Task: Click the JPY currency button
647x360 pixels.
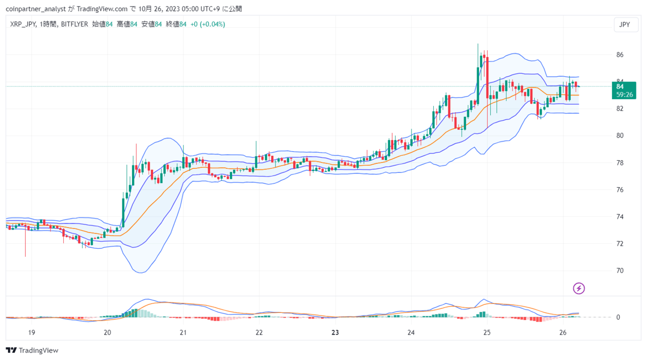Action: (625, 25)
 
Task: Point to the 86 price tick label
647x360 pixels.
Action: (620, 55)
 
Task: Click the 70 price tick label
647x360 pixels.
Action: (620, 271)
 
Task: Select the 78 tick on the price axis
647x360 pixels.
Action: (620, 163)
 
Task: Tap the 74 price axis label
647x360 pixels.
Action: (620, 217)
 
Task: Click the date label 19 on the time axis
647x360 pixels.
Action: (31, 333)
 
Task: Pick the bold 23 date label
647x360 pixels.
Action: (335, 333)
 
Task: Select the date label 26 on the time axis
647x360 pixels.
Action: (563, 333)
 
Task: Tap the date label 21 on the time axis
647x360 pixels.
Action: (183, 333)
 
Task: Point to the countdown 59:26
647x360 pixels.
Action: (623, 95)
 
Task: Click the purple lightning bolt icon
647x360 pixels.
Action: (579, 288)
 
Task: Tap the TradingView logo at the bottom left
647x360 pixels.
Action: (32, 350)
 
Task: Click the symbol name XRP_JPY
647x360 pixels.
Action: (23, 24)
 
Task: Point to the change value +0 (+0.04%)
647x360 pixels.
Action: (208, 24)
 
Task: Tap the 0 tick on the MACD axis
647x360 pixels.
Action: (618, 318)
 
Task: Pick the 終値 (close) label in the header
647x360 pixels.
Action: (172, 24)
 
